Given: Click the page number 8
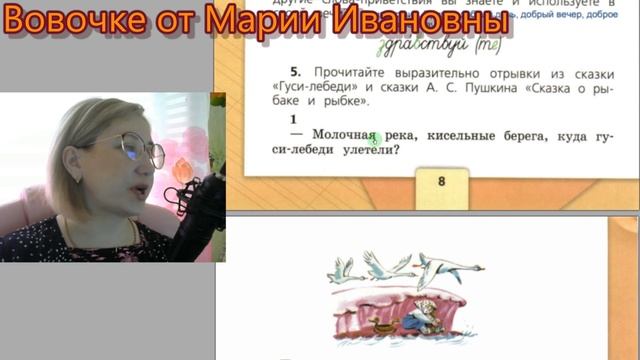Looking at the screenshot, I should pyautogui.click(x=442, y=181).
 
